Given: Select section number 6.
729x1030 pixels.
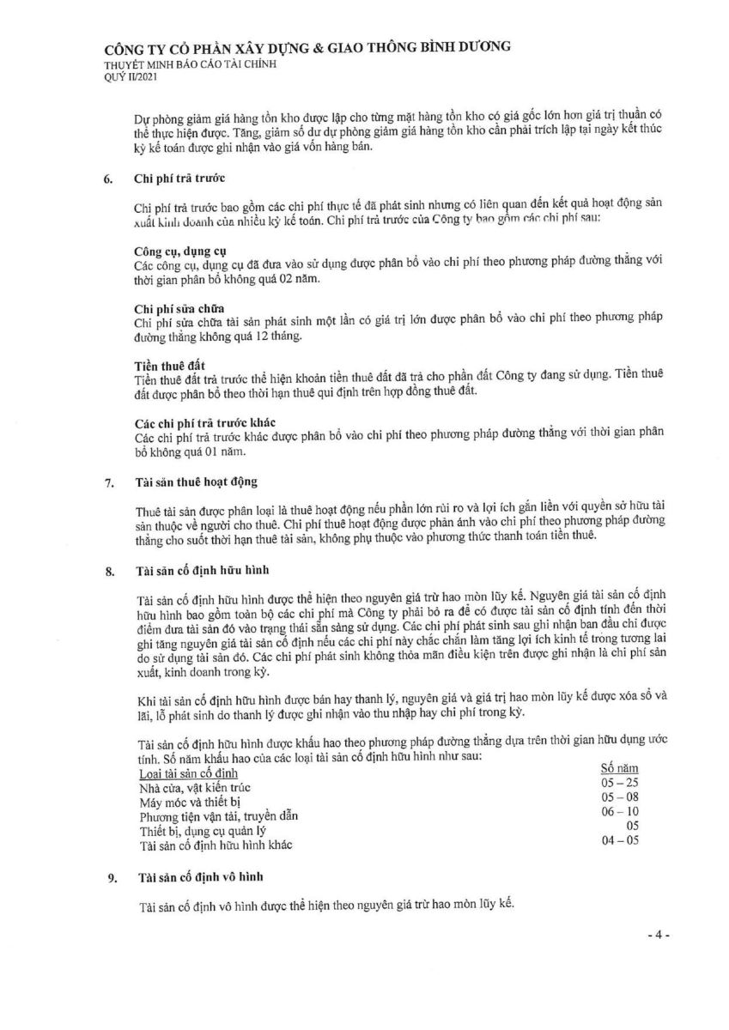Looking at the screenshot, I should (x=108, y=180).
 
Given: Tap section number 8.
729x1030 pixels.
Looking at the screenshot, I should (x=108, y=569).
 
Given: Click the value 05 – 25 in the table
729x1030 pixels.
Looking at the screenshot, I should (x=620, y=782).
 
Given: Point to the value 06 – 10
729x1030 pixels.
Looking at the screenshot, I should (x=621, y=811).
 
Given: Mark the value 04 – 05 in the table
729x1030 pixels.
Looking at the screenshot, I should (x=621, y=840).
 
